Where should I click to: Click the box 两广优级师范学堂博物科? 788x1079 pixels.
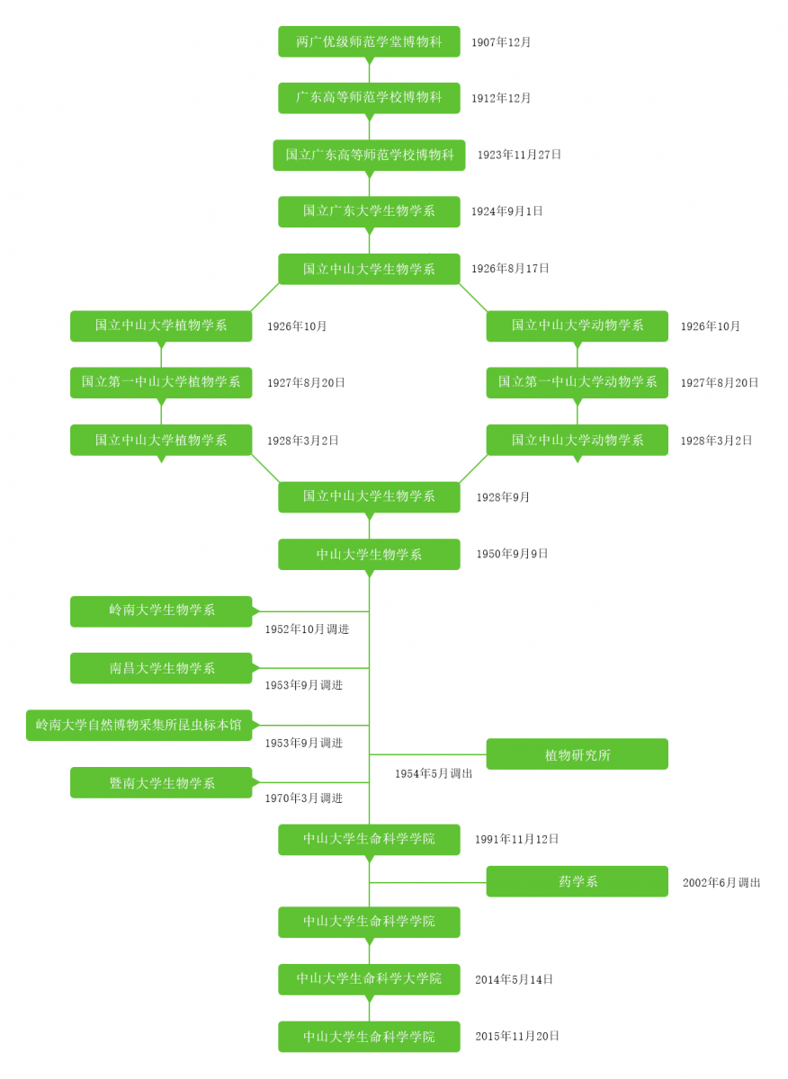(x=369, y=41)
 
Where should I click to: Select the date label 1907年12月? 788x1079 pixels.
(x=501, y=42)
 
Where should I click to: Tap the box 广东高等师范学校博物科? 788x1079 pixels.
(x=369, y=98)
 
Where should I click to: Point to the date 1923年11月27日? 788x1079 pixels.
(x=519, y=155)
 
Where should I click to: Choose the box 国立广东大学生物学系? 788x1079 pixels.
(x=369, y=211)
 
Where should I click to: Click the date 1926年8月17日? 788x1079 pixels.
(x=510, y=269)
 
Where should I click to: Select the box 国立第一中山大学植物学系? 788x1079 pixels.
(x=161, y=382)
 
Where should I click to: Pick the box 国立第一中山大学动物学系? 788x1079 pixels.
(x=578, y=382)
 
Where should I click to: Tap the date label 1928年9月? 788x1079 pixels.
(x=503, y=497)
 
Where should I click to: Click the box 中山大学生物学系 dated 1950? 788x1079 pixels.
(x=369, y=554)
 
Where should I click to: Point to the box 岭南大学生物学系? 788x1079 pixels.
(x=161, y=611)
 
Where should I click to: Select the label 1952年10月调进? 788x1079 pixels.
(x=307, y=629)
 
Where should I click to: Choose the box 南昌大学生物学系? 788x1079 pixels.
(x=161, y=668)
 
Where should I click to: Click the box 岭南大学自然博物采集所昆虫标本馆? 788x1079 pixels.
(x=139, y=725)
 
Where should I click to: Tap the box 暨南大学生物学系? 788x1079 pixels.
(x=161, y=782)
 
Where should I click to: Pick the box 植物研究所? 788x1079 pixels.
(x=578, y=754)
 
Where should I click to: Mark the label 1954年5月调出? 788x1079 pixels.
(x=434, y=773)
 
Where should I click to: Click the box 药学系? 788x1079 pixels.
(x=578, y=881)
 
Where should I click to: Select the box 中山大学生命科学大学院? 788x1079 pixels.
(x=369, y=979)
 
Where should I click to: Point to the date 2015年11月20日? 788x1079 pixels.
(x=517, y=1036)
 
